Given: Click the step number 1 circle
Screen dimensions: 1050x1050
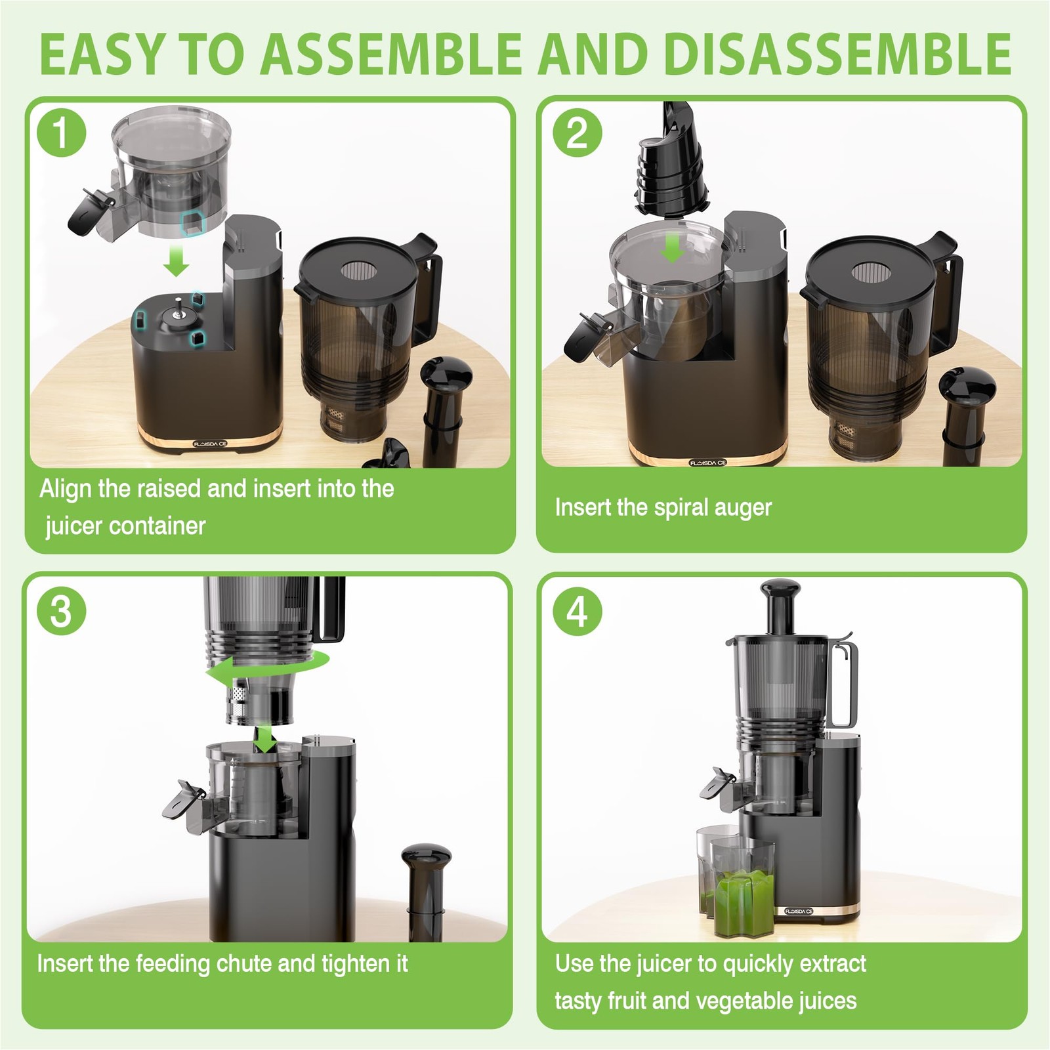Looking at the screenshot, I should tap(61, 133).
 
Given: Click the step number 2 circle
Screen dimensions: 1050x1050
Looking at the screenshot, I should tap(577, 133).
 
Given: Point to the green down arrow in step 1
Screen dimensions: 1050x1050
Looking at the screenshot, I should tap(176, 261).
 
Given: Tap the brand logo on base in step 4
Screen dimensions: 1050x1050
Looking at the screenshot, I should tap(799, 911).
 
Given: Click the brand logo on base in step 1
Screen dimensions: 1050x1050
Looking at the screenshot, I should tap(211, 444).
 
